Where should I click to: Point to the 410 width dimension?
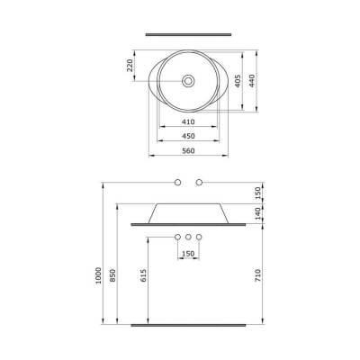tap(187, 121)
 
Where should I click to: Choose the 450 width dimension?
tap(187, 137)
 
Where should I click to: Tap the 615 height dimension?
tap(144, 277)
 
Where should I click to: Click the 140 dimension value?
tap(259, 213)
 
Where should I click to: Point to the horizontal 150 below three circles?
tap(188, 254)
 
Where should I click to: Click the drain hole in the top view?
tap(187, 80)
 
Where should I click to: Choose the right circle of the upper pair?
tap(198, 184)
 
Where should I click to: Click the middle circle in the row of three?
tap(188, 237)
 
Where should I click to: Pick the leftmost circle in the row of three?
tap(177, 237)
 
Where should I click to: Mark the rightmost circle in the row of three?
tap(199, 237)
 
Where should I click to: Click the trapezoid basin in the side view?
tap(187, 212)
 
